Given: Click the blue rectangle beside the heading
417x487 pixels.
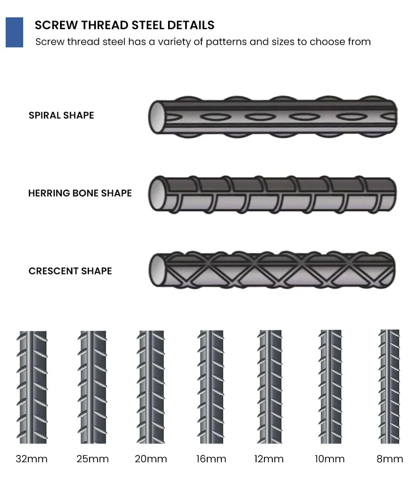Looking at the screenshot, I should [x=14, y=32].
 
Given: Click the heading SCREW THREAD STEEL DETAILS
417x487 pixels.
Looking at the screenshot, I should [x=124, y=25].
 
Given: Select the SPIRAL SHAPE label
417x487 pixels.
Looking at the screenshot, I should [x=61, y=115].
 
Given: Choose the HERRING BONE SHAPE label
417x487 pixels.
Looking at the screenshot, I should [x=80, y=193].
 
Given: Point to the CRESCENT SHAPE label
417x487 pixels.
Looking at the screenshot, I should [x=70, y=271].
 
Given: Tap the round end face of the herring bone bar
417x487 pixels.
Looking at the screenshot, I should [x=157, y=194].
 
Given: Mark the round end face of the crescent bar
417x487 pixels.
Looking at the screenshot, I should [x=157, y=270].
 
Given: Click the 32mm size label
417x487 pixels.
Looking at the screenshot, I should [x=32, y=459].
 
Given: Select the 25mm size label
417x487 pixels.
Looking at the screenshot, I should [x=93, y=459].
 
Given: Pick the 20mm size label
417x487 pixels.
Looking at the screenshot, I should [x=151, y=459].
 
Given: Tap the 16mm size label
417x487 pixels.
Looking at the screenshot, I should [x=211, y=459].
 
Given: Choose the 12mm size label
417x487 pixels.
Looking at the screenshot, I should [x=269, y=459].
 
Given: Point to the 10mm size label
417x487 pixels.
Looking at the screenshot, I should [x=330, y=459].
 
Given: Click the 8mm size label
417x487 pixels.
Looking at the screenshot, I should [x=389, y=459].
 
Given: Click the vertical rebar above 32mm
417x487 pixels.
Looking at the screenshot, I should [x=32, y=387].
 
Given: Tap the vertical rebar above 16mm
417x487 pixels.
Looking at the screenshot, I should [x=211, y=387].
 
